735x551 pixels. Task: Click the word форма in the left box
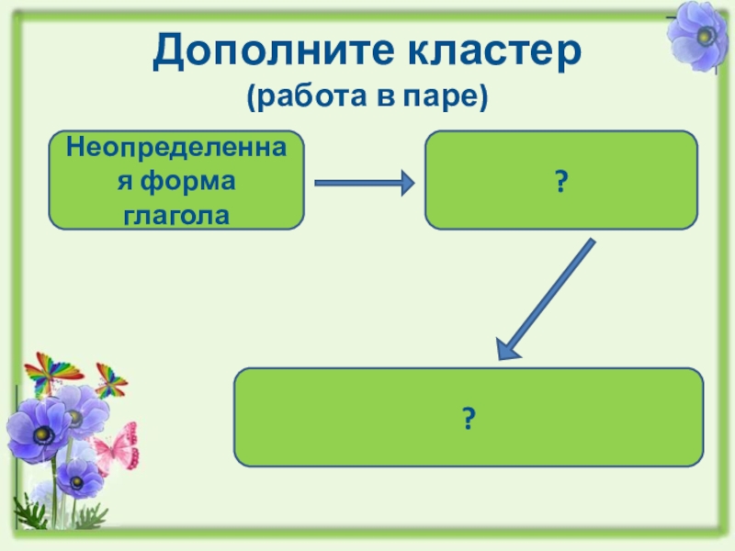pos(195,180)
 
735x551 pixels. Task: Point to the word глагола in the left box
pos(175,215)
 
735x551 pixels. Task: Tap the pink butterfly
pos(116,448)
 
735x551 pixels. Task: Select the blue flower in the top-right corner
pos(700,35)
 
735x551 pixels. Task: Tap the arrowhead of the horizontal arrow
pos(404,184)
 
